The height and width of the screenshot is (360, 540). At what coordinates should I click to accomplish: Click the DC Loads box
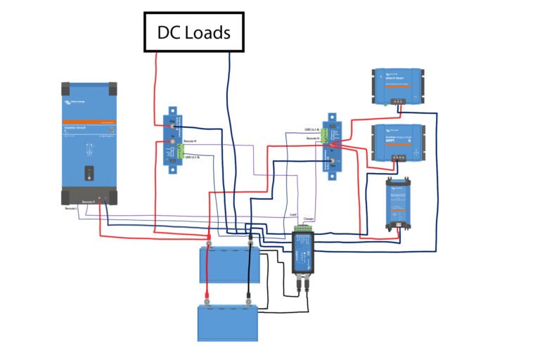[x=194, y=32]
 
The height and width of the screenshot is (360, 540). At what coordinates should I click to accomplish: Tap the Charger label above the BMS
[x=308, y=219]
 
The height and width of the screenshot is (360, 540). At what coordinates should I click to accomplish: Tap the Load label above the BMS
[x=292, y=214]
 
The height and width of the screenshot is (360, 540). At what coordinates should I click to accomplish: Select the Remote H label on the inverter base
[x=89, y=202]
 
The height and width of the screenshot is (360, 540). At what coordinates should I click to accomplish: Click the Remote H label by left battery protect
[x=191, y=141]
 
